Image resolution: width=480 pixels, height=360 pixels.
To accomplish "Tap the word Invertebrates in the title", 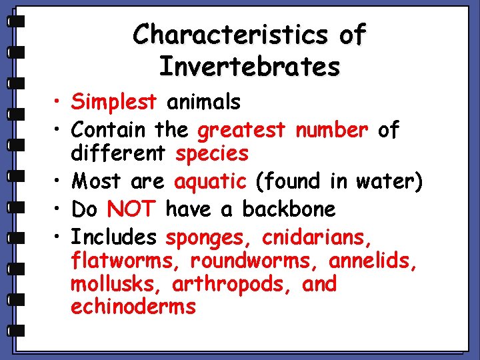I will tap(249, 67).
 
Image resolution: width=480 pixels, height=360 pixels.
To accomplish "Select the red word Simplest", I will tap(113, 103).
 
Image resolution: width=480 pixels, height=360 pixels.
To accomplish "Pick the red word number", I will tap(331, 129).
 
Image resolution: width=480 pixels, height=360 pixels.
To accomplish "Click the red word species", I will tap(211, 154).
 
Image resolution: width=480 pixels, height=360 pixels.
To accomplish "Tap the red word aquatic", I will tap(210, 181).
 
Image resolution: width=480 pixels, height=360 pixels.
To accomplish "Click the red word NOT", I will tap(131, 209).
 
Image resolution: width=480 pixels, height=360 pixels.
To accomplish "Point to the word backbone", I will tap(289, 209).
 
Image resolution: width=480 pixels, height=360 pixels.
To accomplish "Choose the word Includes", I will tap(113, 237).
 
